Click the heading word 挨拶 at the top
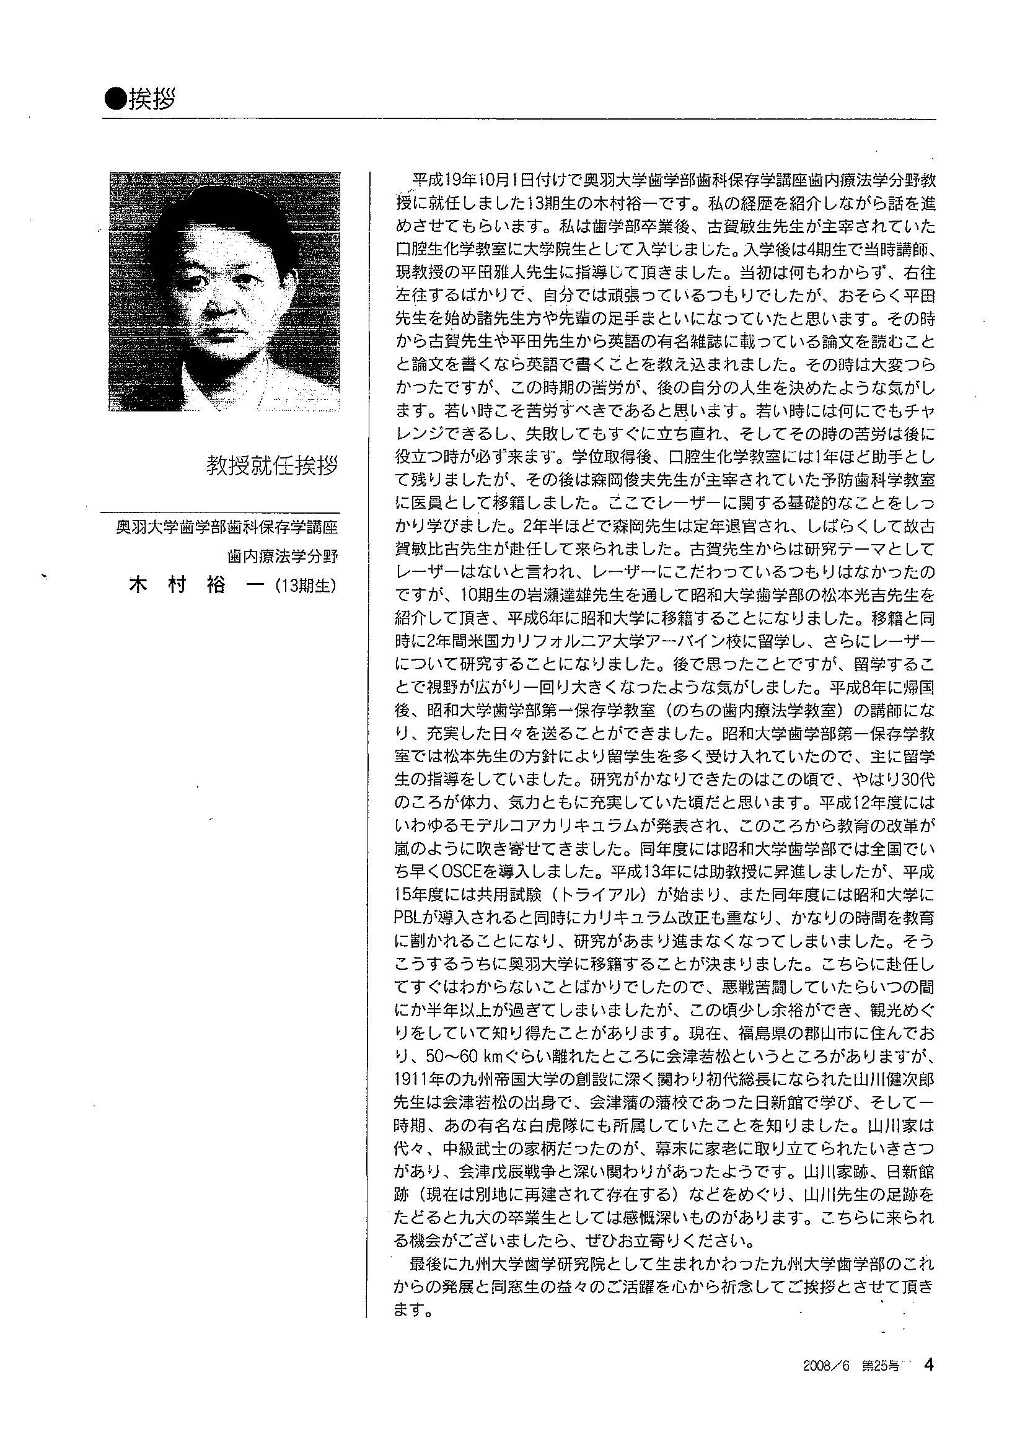point(152,99)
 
